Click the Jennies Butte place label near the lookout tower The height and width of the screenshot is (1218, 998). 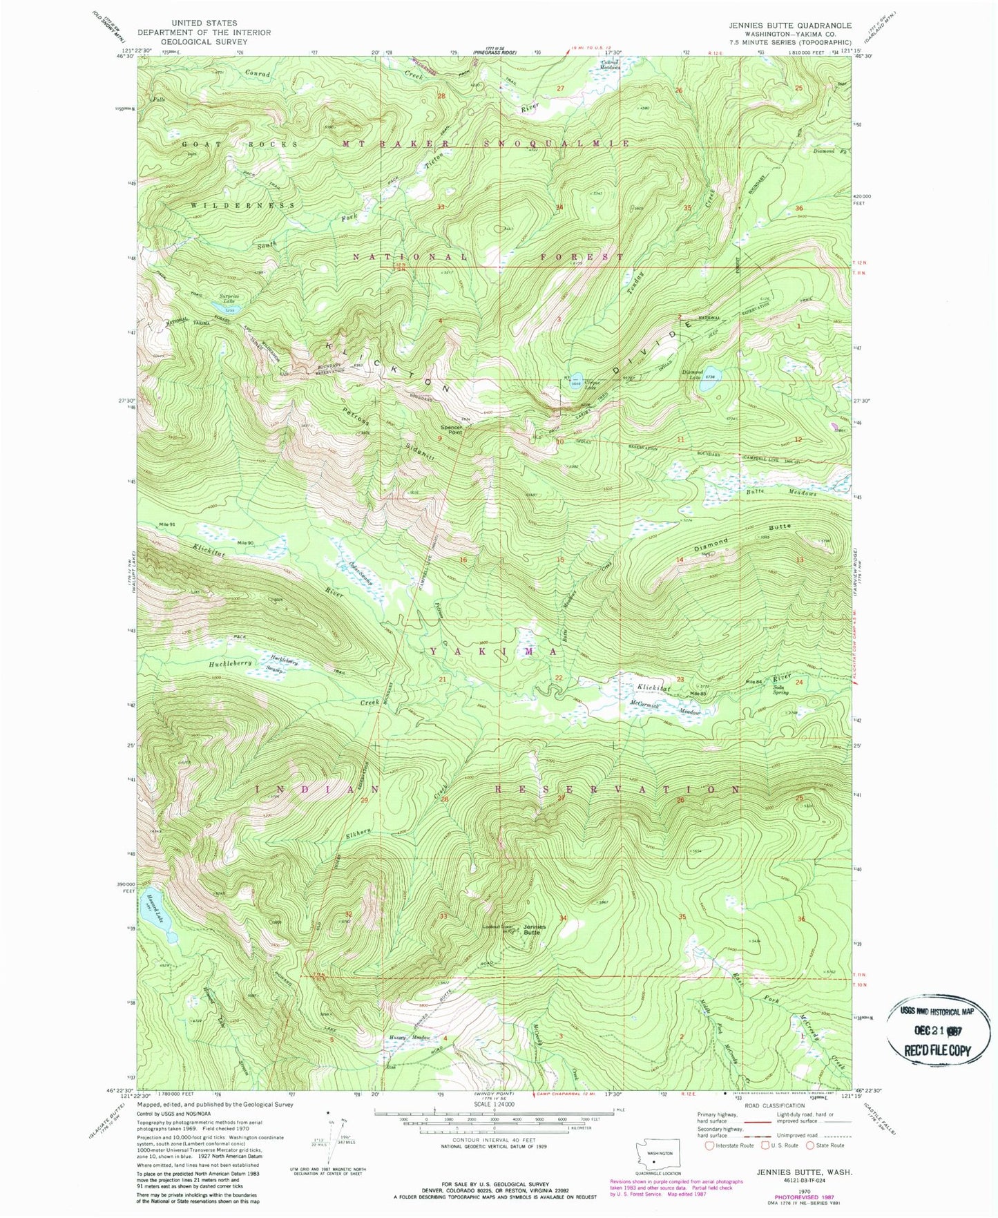click(x=534, y=929)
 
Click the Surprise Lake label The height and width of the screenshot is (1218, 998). click(x=227, y=298)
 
